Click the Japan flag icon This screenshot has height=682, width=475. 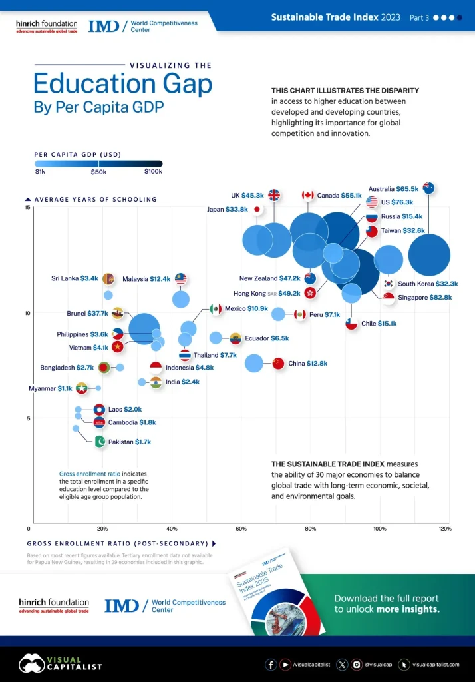point(257,209)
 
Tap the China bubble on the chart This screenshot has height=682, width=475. point(254,363)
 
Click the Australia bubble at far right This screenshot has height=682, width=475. point(428,255)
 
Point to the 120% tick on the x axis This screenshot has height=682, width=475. point(445,529)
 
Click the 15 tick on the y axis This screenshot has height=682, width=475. point(27,208)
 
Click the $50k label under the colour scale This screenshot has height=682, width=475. point(98,172)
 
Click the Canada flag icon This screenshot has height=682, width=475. point(307,196)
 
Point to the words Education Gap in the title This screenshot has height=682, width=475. point(123,85)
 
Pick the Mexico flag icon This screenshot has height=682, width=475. point(216,309)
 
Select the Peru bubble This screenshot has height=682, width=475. point(278,314)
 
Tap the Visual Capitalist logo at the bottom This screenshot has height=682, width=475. point(60,663)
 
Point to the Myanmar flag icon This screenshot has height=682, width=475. point(82,388)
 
